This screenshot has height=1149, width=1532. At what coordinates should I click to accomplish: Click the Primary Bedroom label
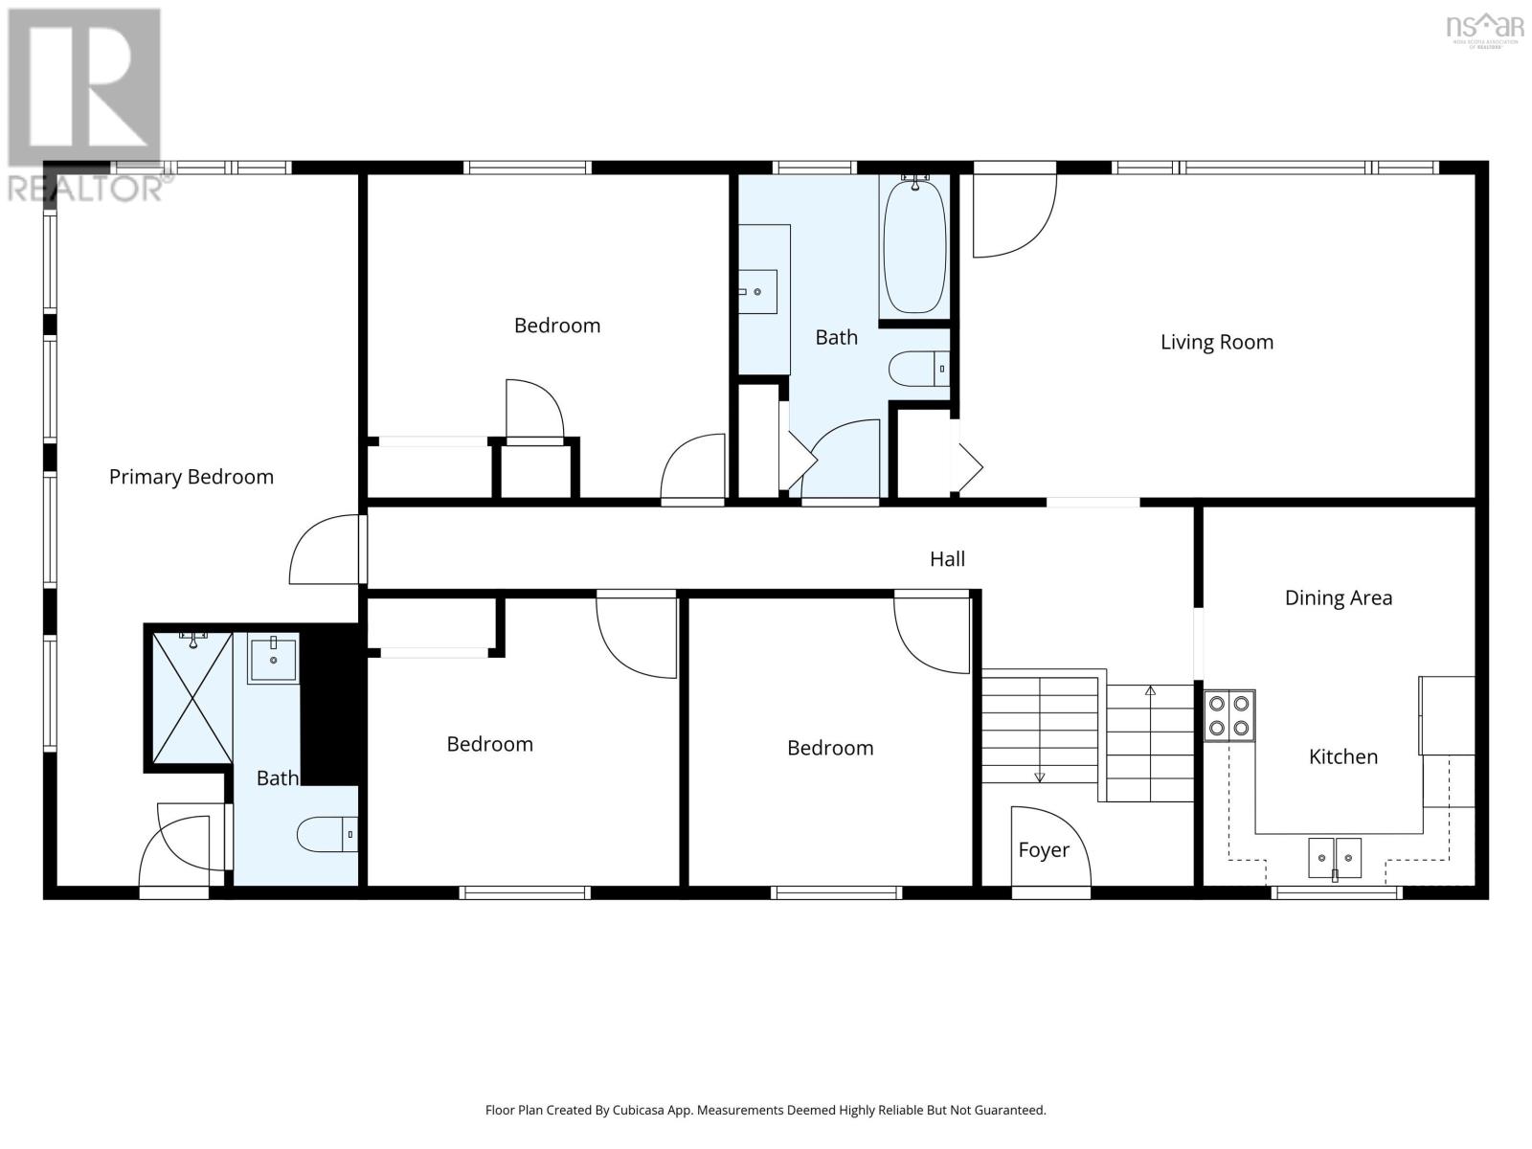pos(191,477)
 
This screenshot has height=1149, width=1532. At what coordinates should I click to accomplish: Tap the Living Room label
pos(1216,342)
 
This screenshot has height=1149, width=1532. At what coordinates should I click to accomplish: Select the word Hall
pos(947,559)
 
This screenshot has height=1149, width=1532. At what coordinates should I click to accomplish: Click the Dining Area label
pos(1338,598)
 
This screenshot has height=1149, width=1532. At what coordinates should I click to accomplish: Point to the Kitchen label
pos(1342,756)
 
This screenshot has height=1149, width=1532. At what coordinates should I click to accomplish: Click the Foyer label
pos(1043,850)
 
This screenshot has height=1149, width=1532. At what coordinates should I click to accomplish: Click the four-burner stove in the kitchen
pos(1229,715)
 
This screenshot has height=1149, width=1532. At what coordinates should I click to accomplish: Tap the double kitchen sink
pos(1335,856)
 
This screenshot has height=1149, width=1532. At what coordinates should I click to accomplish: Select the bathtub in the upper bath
pos(913,245)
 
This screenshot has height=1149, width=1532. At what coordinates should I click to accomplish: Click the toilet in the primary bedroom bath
pos(327,835)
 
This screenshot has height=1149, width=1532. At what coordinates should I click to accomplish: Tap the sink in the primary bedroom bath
pos(273,657)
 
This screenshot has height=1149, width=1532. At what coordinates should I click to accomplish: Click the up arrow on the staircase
pos(1150,690)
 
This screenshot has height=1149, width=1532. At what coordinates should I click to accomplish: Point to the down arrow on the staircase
pos(1039,777)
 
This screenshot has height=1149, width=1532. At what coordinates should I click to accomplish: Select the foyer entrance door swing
pos(1050,846)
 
